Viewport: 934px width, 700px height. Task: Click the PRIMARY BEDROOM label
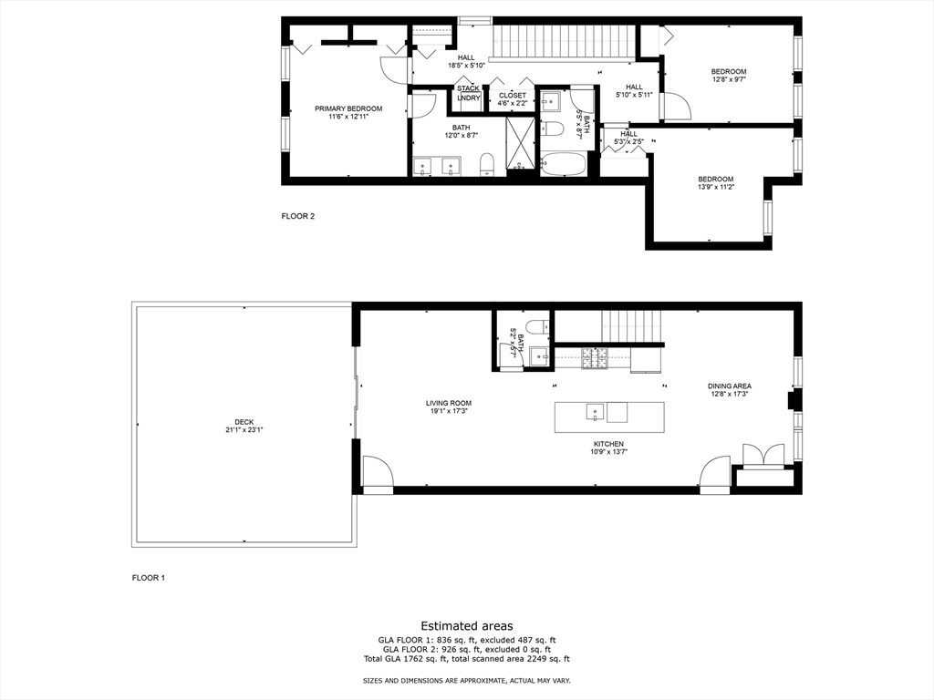(348, 109)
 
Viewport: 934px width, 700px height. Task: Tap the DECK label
(244, 422)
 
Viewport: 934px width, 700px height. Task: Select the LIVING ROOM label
(449, 403)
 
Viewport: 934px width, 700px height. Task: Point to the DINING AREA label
(729, 386)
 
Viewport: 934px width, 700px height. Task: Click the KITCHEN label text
(608, 444)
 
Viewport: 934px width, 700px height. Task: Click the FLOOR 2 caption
(298, 216)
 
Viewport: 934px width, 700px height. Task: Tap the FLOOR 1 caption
(149, 577)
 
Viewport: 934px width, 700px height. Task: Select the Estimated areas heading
(467, 626)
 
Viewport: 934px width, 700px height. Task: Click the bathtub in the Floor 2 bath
(564, 163)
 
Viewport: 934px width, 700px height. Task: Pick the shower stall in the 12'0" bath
(521, 143)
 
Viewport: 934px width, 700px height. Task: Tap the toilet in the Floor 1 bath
(534, 327)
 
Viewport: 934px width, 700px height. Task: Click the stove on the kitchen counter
(595, 357)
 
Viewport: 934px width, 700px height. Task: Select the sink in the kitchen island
(595, 412)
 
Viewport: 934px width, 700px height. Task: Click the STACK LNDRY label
(469, 94)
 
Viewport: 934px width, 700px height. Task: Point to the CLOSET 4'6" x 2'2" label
(513, 99)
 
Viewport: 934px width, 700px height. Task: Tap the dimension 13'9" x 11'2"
(715, 187)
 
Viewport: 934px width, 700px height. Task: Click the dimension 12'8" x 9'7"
(729, 79)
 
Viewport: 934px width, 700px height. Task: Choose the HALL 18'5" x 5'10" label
(466, 62)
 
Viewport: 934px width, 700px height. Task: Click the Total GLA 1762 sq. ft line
(466, 659)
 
